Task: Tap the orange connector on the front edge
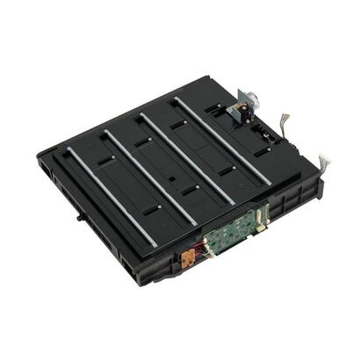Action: coord(186,260)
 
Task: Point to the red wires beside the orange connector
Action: coord(197,255)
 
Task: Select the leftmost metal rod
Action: coord(111,197)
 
